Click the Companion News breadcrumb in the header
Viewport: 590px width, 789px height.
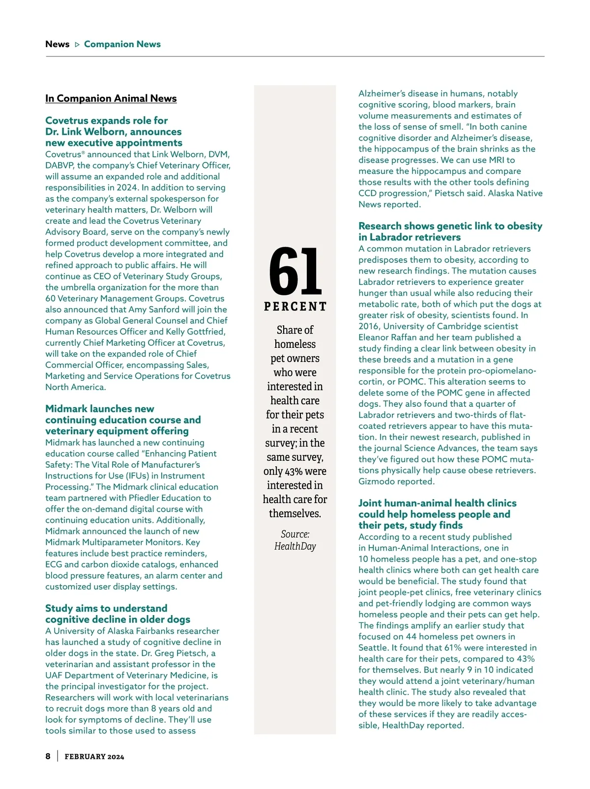point(122,44)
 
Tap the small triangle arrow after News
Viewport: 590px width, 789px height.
point(77,45)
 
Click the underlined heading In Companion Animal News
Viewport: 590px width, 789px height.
point(111,98)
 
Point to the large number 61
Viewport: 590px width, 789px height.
point(295,271)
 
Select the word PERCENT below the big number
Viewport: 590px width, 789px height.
point(295,307)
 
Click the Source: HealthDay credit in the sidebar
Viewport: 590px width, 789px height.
point(295,540)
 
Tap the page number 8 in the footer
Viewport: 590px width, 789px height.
point(48,756)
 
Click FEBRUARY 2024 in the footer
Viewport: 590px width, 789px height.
point(94,757)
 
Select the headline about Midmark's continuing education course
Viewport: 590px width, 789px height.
point(123,420)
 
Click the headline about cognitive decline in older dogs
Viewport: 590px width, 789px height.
point(118,614)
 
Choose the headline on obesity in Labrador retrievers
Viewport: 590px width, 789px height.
point(450,231)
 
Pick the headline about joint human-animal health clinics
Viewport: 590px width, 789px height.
point(437,514)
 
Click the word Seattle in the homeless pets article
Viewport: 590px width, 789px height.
point(372,648)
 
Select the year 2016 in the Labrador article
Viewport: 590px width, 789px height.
point(369,326)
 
